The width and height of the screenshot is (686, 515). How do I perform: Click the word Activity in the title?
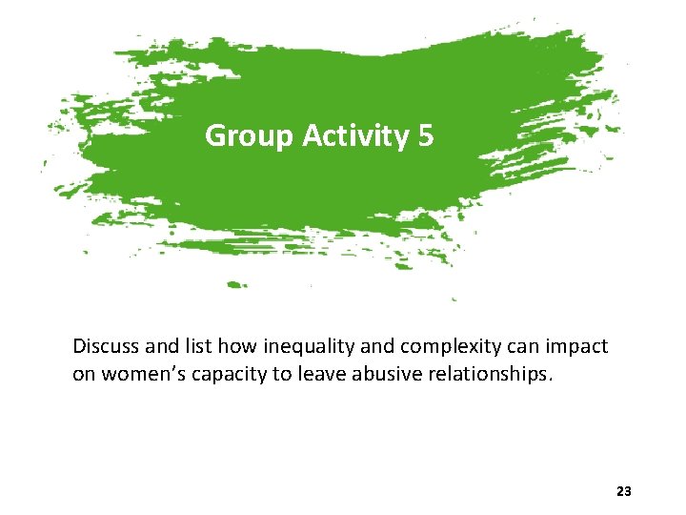pyautogui.click(x=354, y=136)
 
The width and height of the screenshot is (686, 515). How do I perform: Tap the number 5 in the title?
pyautogui.click(x=425, y=136)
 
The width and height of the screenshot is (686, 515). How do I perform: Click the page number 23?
pyautogui.click(x=624, y=491)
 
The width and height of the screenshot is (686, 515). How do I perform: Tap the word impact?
pyautogui.click(x=575, y=346)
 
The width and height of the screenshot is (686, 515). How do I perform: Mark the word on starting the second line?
pyautogui.click(x=84, y=374)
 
